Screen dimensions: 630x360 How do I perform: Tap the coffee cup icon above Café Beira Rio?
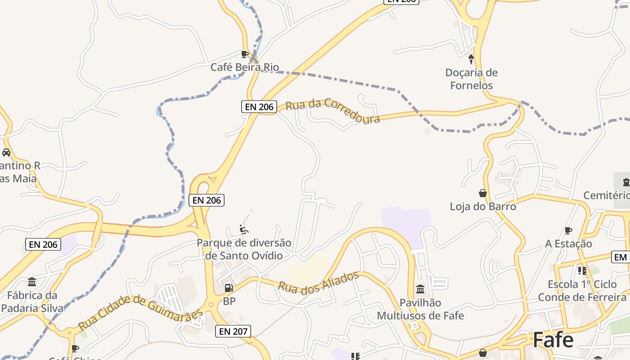pyautogui.click(x=245, y=54)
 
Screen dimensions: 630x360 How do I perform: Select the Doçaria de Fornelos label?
pyautogui.click(x=471, y=79)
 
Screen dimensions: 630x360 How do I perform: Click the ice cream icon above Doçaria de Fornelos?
pyautogui.click(x=471, y=58)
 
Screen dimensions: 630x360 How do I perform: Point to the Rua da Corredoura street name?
pyautogui.click(x=333, y=111)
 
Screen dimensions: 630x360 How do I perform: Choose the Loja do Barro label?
pyautogui.click(x=483, y=207)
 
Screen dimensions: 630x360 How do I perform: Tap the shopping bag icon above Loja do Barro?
pyautogui.click(x=483, y=193)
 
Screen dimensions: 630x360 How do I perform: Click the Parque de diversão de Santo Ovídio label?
pyautogui.click(x=244, y=249)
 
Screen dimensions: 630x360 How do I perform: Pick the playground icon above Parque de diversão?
pyautogui.click(x=244, y=230)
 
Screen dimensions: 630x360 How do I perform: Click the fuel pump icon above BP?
pyautogui.click(x=229, y=288)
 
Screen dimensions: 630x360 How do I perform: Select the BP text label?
pyautogui.click(x=229, y=301)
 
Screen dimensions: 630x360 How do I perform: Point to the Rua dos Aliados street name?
pyautogui.click(x=318, y=282)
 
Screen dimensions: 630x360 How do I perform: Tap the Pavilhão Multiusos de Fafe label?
pyautogui.click(x=420, y=309)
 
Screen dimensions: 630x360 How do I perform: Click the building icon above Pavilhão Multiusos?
pyautogui.click(x=420, y=289)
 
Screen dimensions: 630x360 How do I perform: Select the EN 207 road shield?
pyautogui.click(x=233, y=332)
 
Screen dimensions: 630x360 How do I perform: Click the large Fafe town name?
pyautogui.click(x=553, y=340)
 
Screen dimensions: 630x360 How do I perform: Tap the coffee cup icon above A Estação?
pyautogui.click(x=568, y=231)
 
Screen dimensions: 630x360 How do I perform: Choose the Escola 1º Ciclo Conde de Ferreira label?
pyautogui.click(x=582, y=291)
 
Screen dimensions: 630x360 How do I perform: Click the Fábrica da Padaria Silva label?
pyautogui.click(x=32, y=302)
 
